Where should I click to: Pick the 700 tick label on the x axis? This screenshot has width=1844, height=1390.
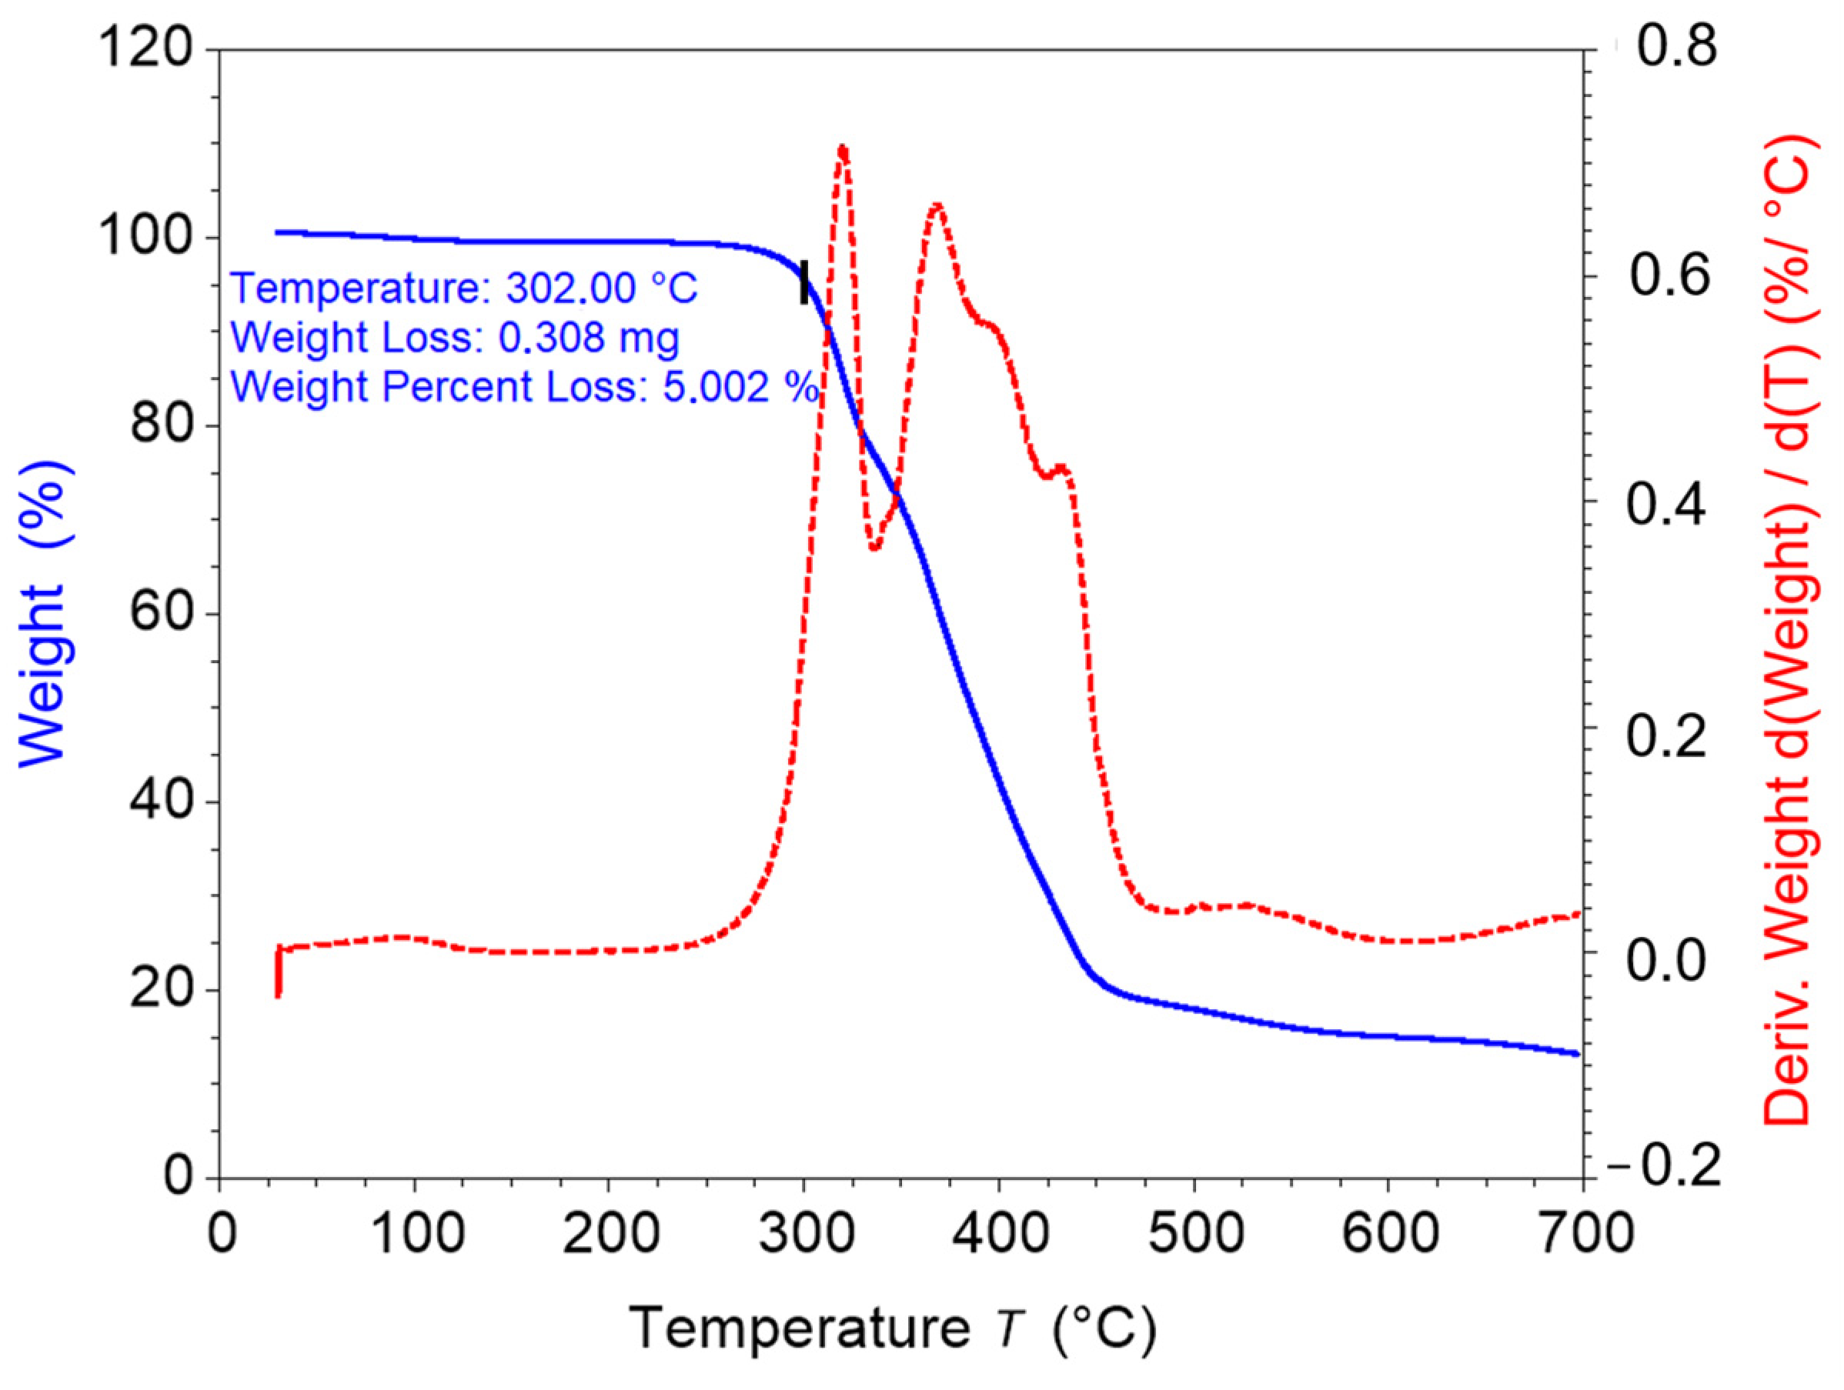(x=1582, y=1234)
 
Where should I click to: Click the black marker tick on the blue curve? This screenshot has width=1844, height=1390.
(x=804, y=282)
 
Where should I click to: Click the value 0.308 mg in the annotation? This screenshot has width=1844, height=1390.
(x=589, y=338)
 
